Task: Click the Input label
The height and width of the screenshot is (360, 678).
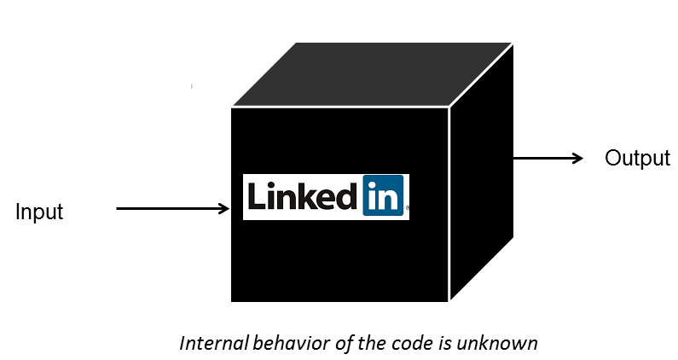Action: pos(39,212)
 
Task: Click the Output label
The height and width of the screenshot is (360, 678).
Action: pos(637,159)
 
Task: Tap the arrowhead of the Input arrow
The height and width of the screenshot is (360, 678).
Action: pos(224,208)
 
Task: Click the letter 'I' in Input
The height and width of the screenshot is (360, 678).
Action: pos(18,211)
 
